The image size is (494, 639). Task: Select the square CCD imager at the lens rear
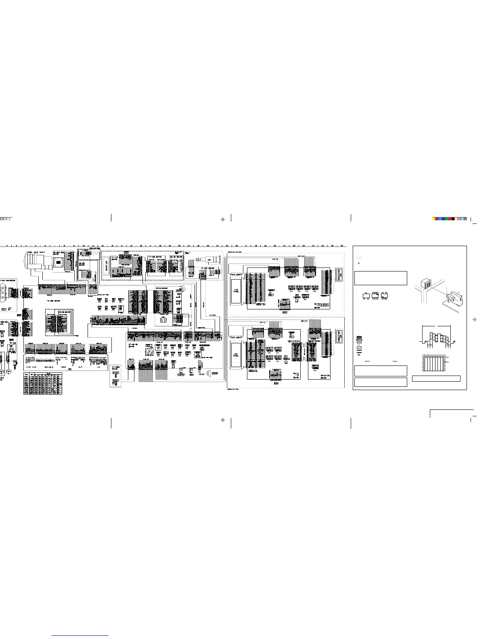pos(59,262)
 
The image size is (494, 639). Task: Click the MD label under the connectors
pos(69,369)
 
